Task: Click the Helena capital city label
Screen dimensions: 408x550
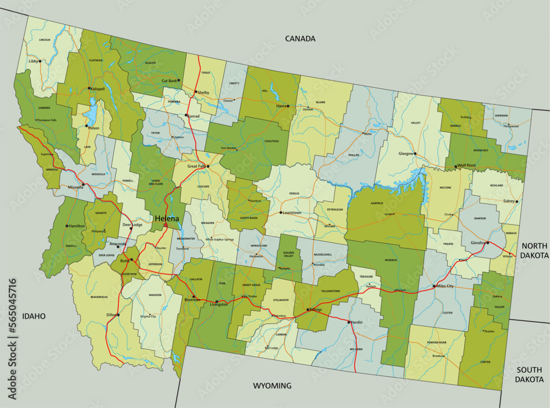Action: (167, 218)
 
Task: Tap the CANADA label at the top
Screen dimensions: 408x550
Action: (300, 38)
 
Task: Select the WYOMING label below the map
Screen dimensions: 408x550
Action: (272, 385)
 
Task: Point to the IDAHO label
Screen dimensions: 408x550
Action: (34, 316)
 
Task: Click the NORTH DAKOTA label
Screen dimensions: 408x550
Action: (535, 251)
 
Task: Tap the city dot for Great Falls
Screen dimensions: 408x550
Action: (208, 166)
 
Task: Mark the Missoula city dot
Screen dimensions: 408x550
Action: (83, 184)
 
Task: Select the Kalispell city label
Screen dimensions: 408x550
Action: (100, 89)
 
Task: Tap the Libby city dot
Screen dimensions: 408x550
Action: (40, 62)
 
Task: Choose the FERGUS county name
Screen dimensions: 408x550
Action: (294, 194)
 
